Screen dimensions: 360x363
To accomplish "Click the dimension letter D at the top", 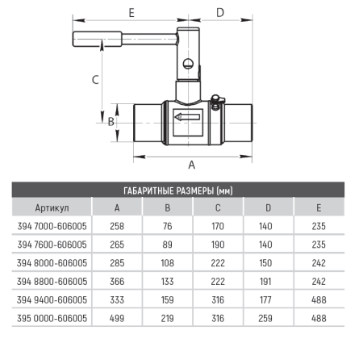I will [x=220, y=12].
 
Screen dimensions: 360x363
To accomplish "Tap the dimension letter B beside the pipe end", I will [x=111, y=123].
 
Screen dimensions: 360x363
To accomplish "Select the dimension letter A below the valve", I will [x=191, y=165].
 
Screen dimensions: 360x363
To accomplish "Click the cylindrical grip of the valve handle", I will [x=96, y=38].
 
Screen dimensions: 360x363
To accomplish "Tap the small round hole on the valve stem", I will [x=188, y=65].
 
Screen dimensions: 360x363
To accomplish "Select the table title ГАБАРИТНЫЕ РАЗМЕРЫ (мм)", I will [x=181, y=190].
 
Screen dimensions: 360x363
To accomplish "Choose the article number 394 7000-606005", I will [x=50, y=226].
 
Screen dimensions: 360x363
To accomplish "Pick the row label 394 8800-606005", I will [x=50, y=281].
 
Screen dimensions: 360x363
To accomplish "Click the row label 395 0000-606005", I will [x=50, y=318].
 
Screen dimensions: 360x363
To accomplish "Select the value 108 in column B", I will [x=168, y=263].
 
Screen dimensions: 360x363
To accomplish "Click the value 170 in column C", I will [x=218, y=226].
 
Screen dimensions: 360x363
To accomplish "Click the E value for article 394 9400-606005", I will [x=318, y=299].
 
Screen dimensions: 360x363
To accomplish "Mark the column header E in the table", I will [x=318, y=207].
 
